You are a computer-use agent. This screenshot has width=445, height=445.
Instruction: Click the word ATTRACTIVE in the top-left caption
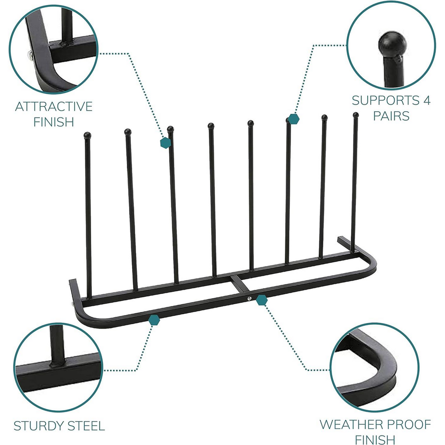[x=54, y=106]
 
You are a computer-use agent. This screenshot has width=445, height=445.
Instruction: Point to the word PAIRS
[x=391, y=116]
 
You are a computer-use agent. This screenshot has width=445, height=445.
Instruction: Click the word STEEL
[x=87, y=426]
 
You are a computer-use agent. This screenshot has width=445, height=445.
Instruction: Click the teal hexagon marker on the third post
[x=165, y=143]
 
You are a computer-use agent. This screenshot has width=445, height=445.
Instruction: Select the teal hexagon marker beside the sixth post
[x=294, y=119]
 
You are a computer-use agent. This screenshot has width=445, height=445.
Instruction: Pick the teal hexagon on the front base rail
[x=154, y=320]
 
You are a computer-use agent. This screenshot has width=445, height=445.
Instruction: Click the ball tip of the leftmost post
[x=87, y=135]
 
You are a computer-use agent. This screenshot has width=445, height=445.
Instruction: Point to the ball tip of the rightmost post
[x=355, y=115]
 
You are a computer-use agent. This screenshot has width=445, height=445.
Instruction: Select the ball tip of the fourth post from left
[x=211, y=126]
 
